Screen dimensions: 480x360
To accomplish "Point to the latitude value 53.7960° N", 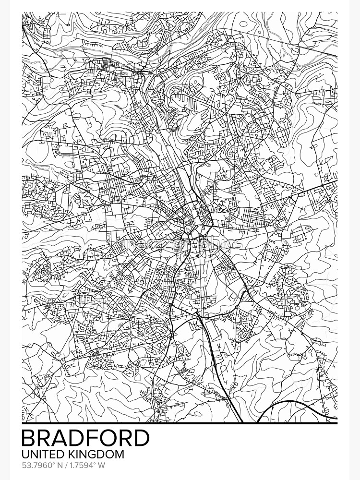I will point(42,465).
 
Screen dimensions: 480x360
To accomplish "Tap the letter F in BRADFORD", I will point(94,438).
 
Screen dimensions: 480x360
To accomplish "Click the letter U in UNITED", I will point(26,454).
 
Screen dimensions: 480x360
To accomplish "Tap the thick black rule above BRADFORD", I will point(180,423).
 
